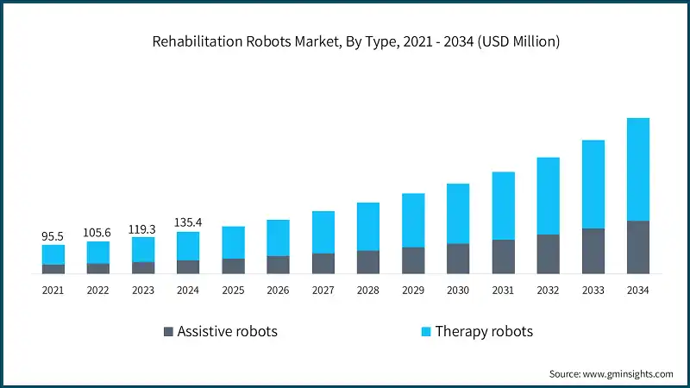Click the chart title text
345,41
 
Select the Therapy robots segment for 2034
637,169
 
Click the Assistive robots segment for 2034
637,247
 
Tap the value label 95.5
53,235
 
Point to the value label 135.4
188,222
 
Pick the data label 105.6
98,232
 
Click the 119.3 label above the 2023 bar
143,228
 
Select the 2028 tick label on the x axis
367,291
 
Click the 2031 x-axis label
503,291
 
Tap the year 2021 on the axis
53,291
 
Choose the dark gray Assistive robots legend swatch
167,332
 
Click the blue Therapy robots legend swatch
425,332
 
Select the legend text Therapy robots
484,332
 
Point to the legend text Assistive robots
227,332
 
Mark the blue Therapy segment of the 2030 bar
458,214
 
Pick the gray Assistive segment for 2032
548,254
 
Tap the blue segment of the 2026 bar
278,238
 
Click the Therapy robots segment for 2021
53,254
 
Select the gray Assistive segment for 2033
593,251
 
